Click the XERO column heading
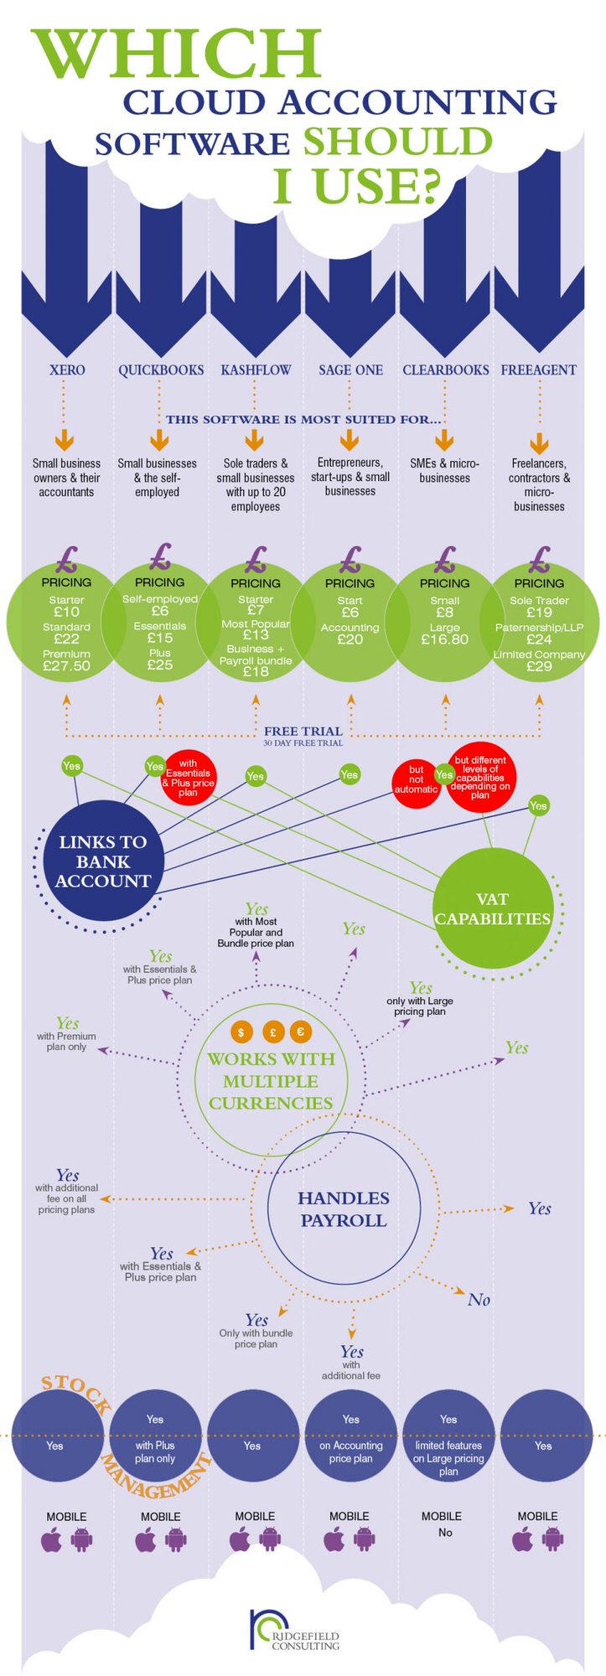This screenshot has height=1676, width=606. click(x=67, y=370)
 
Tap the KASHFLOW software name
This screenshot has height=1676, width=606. click(x=256, y=370)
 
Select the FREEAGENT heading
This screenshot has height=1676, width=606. click(x=538, y=370)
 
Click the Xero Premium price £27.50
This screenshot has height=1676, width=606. click(x=66, y=666)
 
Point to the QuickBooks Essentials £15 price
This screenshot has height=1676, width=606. click(x=160, y=638)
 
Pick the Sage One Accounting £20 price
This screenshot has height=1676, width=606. click(x=350, y=639)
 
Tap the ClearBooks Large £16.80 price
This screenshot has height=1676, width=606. click(x=444, y=639)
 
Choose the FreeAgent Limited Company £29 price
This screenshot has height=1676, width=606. click(x=539, y=666)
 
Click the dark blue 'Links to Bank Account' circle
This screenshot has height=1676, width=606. click(x=102, y=861)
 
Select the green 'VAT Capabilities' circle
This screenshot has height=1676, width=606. click(x=492, y=908)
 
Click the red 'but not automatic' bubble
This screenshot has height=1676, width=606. click(x=416, y=779)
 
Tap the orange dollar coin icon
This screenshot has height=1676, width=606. click(x=241, y=1032)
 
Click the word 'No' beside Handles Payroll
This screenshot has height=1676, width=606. click(x=479, y=1300)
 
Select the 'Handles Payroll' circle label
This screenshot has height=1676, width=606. click(x=344, y=1209)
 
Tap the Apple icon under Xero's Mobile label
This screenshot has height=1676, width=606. click(x=52, y=1539)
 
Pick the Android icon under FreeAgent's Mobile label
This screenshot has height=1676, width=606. click(x=553, y=1539)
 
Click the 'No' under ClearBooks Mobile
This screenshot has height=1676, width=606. click(x=445, y=1533)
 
